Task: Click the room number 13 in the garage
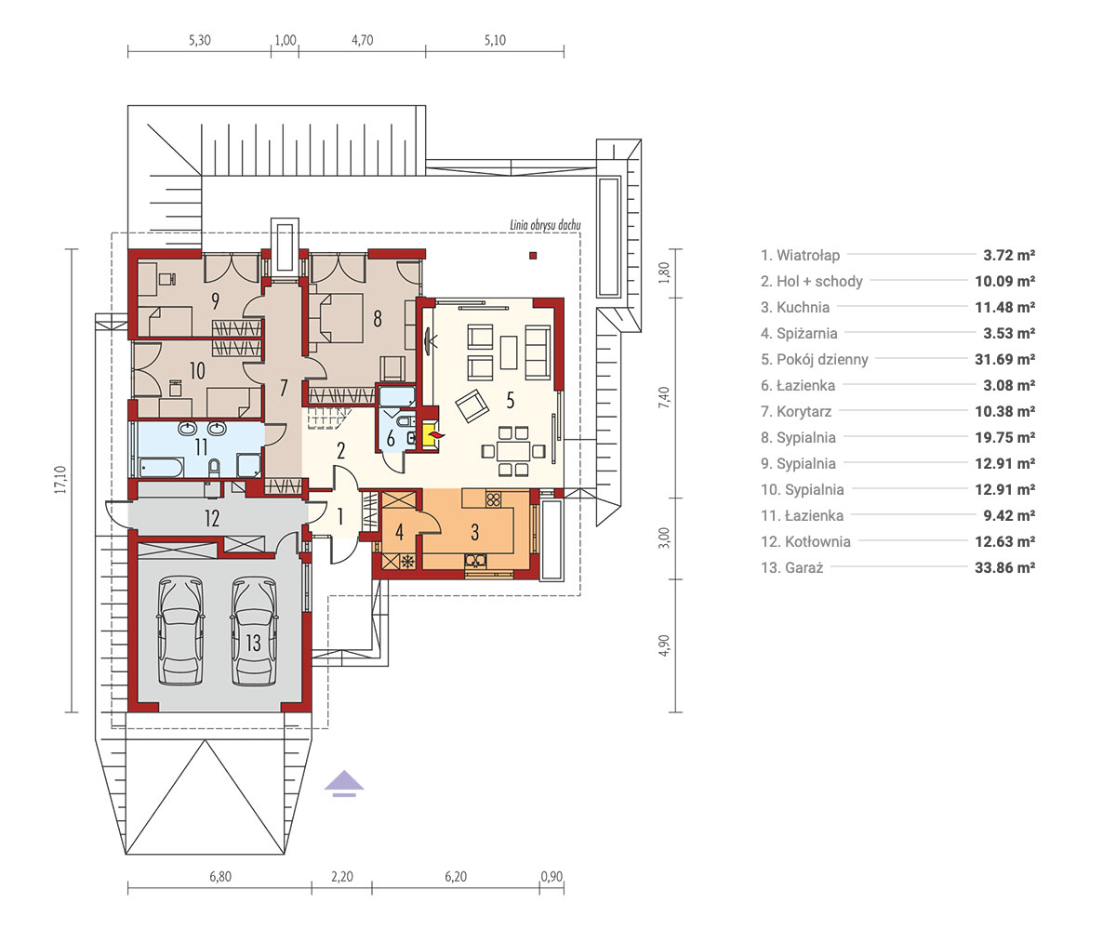(253, 643)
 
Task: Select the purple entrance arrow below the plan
(344, 784)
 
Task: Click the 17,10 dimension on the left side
(60, 480)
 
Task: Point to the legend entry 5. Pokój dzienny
(815, 359)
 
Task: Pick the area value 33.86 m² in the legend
(1004, 567)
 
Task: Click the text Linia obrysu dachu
(545, 224)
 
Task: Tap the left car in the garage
(180, 631)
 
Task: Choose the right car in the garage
(255, 631)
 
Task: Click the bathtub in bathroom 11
(162, 467)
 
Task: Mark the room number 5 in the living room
(511, 400)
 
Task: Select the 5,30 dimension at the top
(199, 40)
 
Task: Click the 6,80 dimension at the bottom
(220, 877)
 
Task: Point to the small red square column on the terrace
(533, 256)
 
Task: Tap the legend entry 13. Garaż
(792, 567)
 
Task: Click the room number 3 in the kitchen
(474, 532)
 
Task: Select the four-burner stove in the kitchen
(493, 499)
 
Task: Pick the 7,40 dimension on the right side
(663, 398)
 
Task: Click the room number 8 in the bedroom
(378, 319)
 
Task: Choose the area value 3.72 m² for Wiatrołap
(1009, 255)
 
